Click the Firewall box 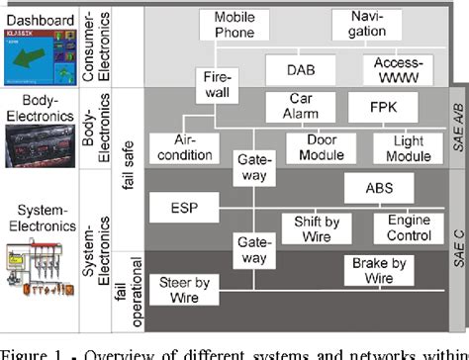pyautogui.click(x=217, y=84)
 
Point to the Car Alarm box pyautogui.click(x=301, y=106)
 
